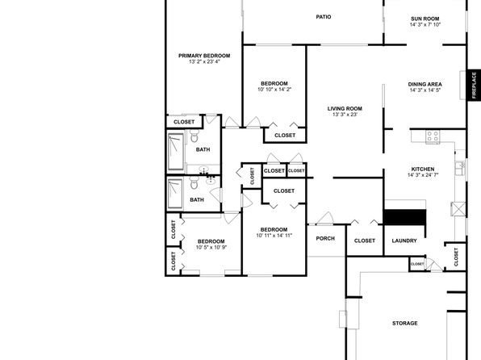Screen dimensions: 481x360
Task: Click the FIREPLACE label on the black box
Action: coord(474,85)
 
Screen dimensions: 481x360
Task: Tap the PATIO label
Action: coord(324,17)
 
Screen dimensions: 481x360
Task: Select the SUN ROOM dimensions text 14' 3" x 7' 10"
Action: coord(425,24)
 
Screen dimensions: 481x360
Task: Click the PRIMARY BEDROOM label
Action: coord(204,56)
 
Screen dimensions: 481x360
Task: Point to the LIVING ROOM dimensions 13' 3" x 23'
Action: coord(345,115)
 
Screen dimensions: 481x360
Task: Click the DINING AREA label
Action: coord(425,84)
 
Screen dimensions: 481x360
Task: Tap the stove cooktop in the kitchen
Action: coord(433,136)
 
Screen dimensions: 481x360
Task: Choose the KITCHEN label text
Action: coord(423,170)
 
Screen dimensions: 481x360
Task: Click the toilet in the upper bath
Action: coord(194,136)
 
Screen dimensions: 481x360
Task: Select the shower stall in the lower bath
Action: coord(175,194)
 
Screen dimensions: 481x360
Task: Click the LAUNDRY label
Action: coord(404,241)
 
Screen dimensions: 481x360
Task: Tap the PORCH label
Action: coord(325,238)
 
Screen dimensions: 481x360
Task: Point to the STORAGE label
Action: coord(404,323)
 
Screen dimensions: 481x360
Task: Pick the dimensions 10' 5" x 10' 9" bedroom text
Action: coord(211,247)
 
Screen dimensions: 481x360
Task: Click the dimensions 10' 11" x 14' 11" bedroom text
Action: coord(274,236)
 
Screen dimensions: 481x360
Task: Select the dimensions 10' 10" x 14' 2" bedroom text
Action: coord(274,90)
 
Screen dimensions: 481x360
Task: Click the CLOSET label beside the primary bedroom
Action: coord(184,122)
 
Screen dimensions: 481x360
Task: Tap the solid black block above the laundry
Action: coord(404,217)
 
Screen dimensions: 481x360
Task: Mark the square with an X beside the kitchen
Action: coord(458,209)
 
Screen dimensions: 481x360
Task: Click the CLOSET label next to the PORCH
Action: coord(365,241)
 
